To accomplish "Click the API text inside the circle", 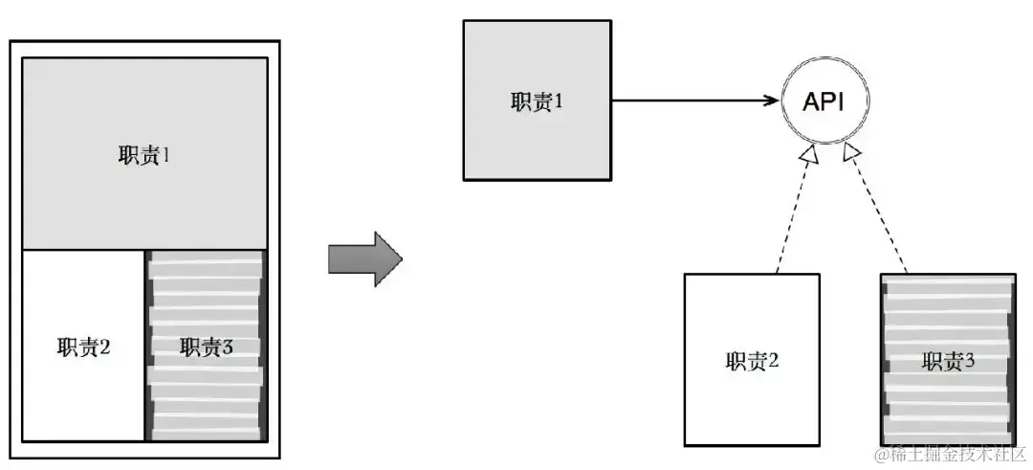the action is (x=824, y=101).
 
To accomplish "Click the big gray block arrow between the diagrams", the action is (x=363, y=258).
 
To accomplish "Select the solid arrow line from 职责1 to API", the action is (x=689, y=100).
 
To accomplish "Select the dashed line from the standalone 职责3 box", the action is (x=878, y=211).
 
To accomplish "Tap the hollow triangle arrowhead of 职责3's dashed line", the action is (x=850, y=154).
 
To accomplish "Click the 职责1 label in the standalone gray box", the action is (x=536, y=102).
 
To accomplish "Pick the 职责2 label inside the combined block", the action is (x=83, y=347).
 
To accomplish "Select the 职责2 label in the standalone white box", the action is (x=752, y=361).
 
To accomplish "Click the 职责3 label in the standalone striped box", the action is (x=948, y=361).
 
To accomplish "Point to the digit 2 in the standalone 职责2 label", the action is (x=774, y=361).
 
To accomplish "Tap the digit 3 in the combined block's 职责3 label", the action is (x=228, y=347).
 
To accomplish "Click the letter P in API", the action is (x=825, y=101).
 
